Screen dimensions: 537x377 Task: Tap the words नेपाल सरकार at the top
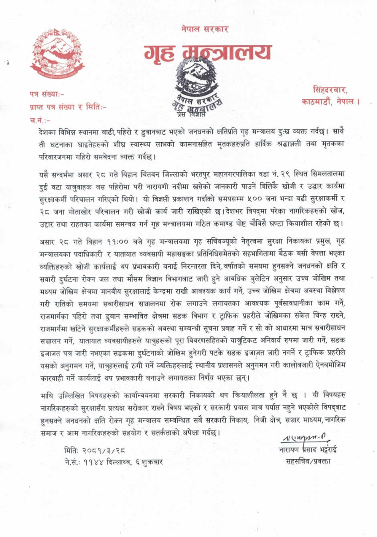[205, 29]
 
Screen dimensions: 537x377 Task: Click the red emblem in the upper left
[58, 53]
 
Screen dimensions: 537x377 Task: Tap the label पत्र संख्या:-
[47, 95]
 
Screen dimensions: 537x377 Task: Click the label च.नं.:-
[41, 120]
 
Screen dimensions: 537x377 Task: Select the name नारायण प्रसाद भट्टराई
[308, 449]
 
